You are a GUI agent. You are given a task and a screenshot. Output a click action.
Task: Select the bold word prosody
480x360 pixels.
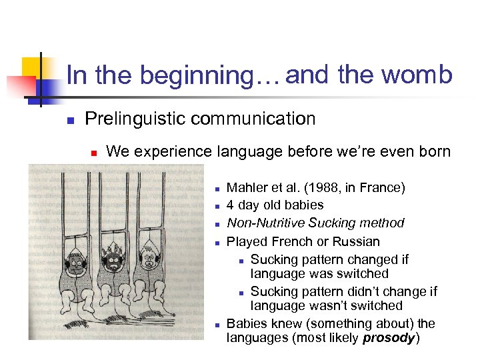click(389, 338)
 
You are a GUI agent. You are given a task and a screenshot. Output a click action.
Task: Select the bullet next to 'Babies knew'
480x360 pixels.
click(217, 325)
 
